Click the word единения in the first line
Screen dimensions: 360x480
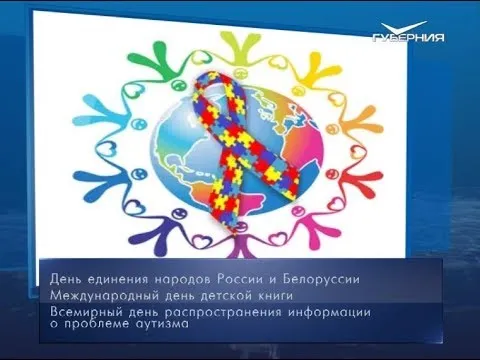[124, 275]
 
